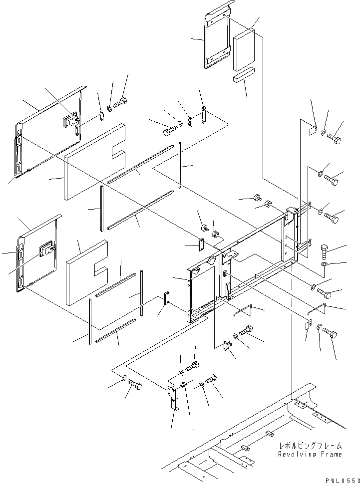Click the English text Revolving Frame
(311, 455)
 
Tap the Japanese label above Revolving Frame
(311, 446)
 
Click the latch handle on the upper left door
(69, 120)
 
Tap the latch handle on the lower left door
(47, 248)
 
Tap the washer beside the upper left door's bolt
(109, 107)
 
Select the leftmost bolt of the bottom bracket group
(134, 386)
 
